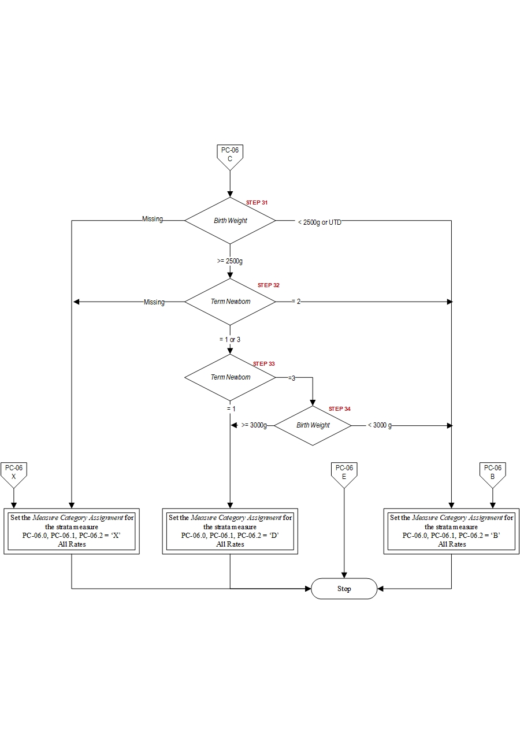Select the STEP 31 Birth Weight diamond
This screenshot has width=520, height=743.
(x=230, y=221)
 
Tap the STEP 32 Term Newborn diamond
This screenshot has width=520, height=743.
(x=230, y=302)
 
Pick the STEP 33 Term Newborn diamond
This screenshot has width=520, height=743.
(x=230, y=377)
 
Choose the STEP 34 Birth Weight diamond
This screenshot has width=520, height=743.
(x=313, y=425)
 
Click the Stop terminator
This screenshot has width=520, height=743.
(x=344, y=589)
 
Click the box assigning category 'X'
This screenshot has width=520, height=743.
(x=72, y=531)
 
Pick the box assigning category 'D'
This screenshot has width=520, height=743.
(x=230, y=531)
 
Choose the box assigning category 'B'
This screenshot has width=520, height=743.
(x=451, y=531)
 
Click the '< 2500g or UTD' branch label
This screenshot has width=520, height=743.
(x=320, y=222)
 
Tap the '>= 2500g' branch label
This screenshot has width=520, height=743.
(x=230, y=261)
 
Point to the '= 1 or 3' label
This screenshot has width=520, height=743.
(x=230, y=340)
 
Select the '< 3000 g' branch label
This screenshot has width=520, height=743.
(x=380, y=426)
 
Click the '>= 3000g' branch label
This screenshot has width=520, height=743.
(x=254, y=426)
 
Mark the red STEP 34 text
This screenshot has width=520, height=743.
(x=340, y=409)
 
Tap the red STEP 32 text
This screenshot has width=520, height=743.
(x=269, y=285)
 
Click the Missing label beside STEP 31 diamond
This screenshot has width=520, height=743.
(x=153, y=220)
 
